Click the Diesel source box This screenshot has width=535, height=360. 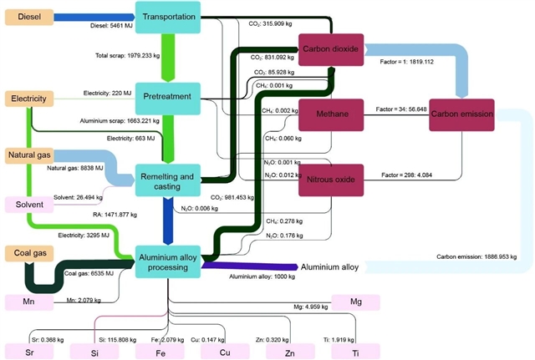point(30,17)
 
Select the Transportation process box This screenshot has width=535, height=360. point(168,17)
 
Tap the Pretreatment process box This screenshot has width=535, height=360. point(167,97)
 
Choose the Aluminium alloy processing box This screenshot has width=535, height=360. point(167,262)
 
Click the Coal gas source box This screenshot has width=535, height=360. point(31,252)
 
